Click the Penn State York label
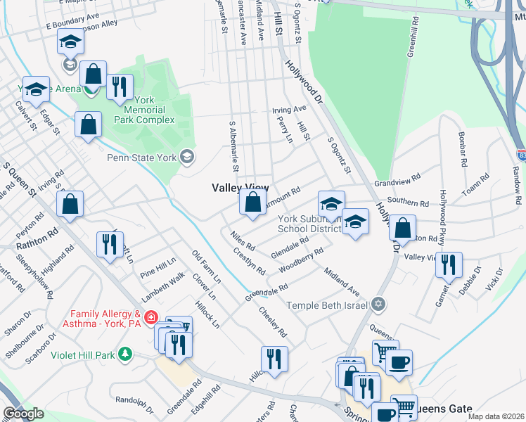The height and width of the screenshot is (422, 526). [x=141, y=158]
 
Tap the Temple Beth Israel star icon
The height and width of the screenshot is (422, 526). [x=379, y=305]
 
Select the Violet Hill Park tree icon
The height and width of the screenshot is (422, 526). [x=125, y=354]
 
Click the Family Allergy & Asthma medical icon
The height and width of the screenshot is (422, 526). [x=149, y=319]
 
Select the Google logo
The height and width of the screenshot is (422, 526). [x=23, y=414]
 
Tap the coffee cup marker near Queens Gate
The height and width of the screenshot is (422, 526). [x=399, y=363]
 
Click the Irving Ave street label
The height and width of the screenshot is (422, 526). [x=290, y=110]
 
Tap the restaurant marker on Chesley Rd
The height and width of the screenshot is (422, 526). [x=274, y=359]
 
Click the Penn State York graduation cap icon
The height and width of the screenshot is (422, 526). [x=187, y=155]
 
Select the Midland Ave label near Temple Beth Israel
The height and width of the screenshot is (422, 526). [x=342, y=281]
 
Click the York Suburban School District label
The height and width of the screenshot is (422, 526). [x=309, y=224]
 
